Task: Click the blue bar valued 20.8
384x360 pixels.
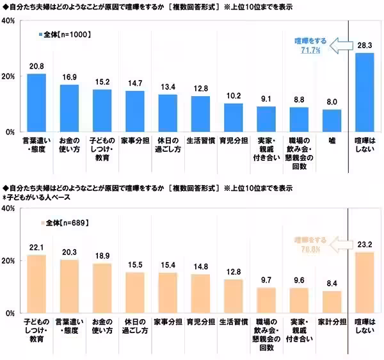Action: tap(36, 102)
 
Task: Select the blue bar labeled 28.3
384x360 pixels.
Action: tap(364, 92)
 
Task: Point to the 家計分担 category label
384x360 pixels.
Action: tap(332, 320)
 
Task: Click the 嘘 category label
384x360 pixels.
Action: tap(332, 139)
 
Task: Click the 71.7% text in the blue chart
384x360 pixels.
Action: tap(314, 49)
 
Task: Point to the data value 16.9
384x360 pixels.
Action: tap(69, 78)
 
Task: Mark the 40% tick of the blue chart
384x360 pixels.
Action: tap(9, 21)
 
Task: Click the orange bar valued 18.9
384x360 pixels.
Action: tap(102, 288)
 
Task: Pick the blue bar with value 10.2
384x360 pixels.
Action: tap(233, 117)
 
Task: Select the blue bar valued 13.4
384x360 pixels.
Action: tap(168, 113)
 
